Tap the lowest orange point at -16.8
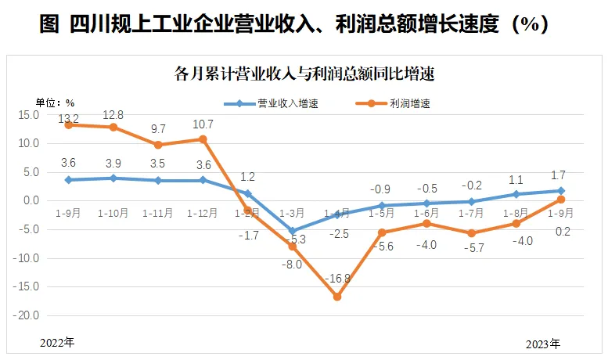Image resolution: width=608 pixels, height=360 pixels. (x=337, y=297)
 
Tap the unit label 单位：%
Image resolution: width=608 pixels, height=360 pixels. (x=55, y=102)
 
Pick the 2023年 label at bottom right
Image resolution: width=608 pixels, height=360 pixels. (x=542, y=344)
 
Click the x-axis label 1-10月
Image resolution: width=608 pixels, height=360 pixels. (x=113, y=212)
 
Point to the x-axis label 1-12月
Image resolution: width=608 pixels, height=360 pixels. (x=203, y=212)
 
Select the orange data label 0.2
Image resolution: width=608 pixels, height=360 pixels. (x=561, y=231)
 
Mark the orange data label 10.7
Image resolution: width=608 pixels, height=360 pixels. (x=203, y=124)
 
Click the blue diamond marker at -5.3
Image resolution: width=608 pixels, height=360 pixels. (x=293, y=231)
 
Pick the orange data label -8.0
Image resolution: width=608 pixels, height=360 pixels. (x=293, y=265)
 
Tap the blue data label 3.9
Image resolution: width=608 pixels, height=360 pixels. (x=113, y=164)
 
